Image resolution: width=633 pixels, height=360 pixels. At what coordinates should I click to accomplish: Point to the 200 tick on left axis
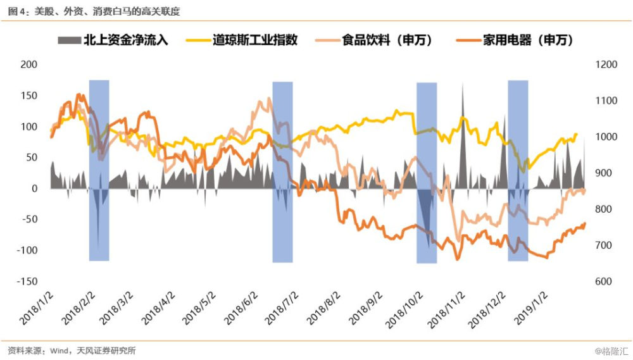tap(29, 65)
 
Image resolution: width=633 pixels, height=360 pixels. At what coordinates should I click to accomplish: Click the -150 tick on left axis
tap(27, 281)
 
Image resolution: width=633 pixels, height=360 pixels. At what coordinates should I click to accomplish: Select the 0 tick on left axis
tap(35, 189)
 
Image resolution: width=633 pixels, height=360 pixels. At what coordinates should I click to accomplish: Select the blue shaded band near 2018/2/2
tap(99, 170)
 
